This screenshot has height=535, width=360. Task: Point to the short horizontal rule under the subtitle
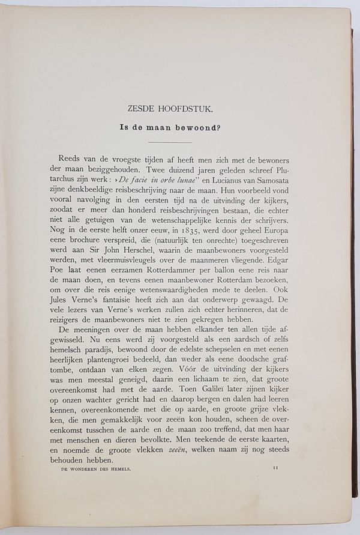tap(169, 142)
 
